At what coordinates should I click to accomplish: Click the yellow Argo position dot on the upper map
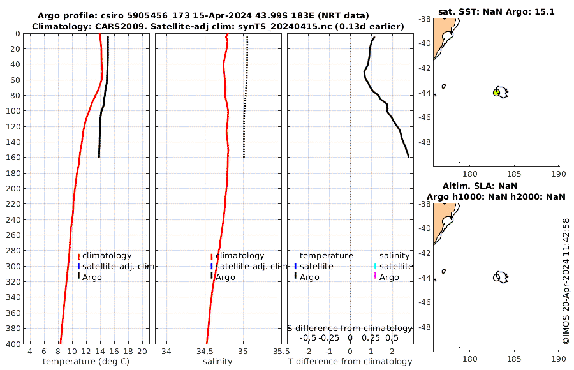[496, 93]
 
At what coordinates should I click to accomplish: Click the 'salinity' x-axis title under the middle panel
[217, 362]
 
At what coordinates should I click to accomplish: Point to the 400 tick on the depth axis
[13, 344]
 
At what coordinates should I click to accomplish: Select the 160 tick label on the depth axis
[13, 157]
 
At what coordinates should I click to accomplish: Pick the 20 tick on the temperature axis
[142, 352]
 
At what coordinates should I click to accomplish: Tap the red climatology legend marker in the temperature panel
[78, 256]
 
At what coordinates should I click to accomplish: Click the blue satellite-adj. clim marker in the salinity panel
[211, 266]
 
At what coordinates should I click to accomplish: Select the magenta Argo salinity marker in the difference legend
[375, 276]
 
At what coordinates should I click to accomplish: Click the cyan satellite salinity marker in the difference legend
[375, 266]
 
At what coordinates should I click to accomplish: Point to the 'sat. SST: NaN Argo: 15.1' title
[496, 11]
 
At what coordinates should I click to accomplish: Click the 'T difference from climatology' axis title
[350, 362]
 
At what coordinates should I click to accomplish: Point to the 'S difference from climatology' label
[350, 327]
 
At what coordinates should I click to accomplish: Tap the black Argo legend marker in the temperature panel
[78, 276]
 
